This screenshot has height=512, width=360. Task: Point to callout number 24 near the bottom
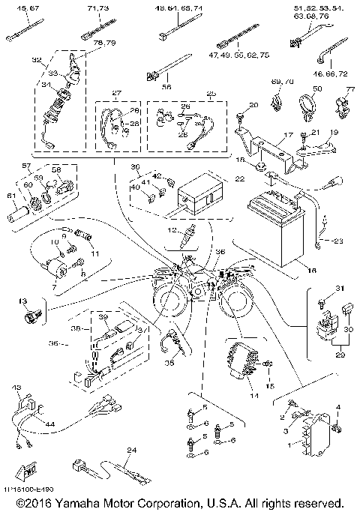(132, 450)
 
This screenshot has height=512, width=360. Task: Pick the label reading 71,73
(97, 7)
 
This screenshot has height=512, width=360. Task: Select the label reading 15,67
(19, 7)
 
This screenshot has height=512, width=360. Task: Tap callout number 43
(16, 387)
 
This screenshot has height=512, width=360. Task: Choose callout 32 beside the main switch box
(37, 59)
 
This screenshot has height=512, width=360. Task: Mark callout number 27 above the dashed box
(116, 93)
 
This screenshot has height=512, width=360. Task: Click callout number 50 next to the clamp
(317, 88)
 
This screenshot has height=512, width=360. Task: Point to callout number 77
(349, 89)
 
